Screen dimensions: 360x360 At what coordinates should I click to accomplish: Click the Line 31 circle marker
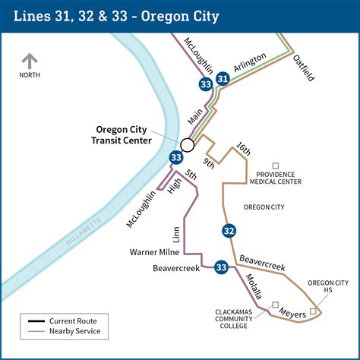coord(223,78)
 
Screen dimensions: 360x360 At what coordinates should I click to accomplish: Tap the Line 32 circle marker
coord(229,231)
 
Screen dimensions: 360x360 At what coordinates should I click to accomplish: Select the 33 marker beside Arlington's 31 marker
coord(205,84)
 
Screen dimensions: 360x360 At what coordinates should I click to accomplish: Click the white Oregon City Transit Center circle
coord(188,144)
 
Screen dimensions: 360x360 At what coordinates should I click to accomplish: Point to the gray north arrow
coord(30,61)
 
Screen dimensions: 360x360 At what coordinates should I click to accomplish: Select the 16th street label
coord(242,149)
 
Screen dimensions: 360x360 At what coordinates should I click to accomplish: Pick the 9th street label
coord(210,162)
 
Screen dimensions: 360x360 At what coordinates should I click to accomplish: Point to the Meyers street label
coord(292,311)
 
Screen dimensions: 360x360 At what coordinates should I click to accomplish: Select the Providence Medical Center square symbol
coord(276,166)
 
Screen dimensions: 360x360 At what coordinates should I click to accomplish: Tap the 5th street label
coord(191,177)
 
